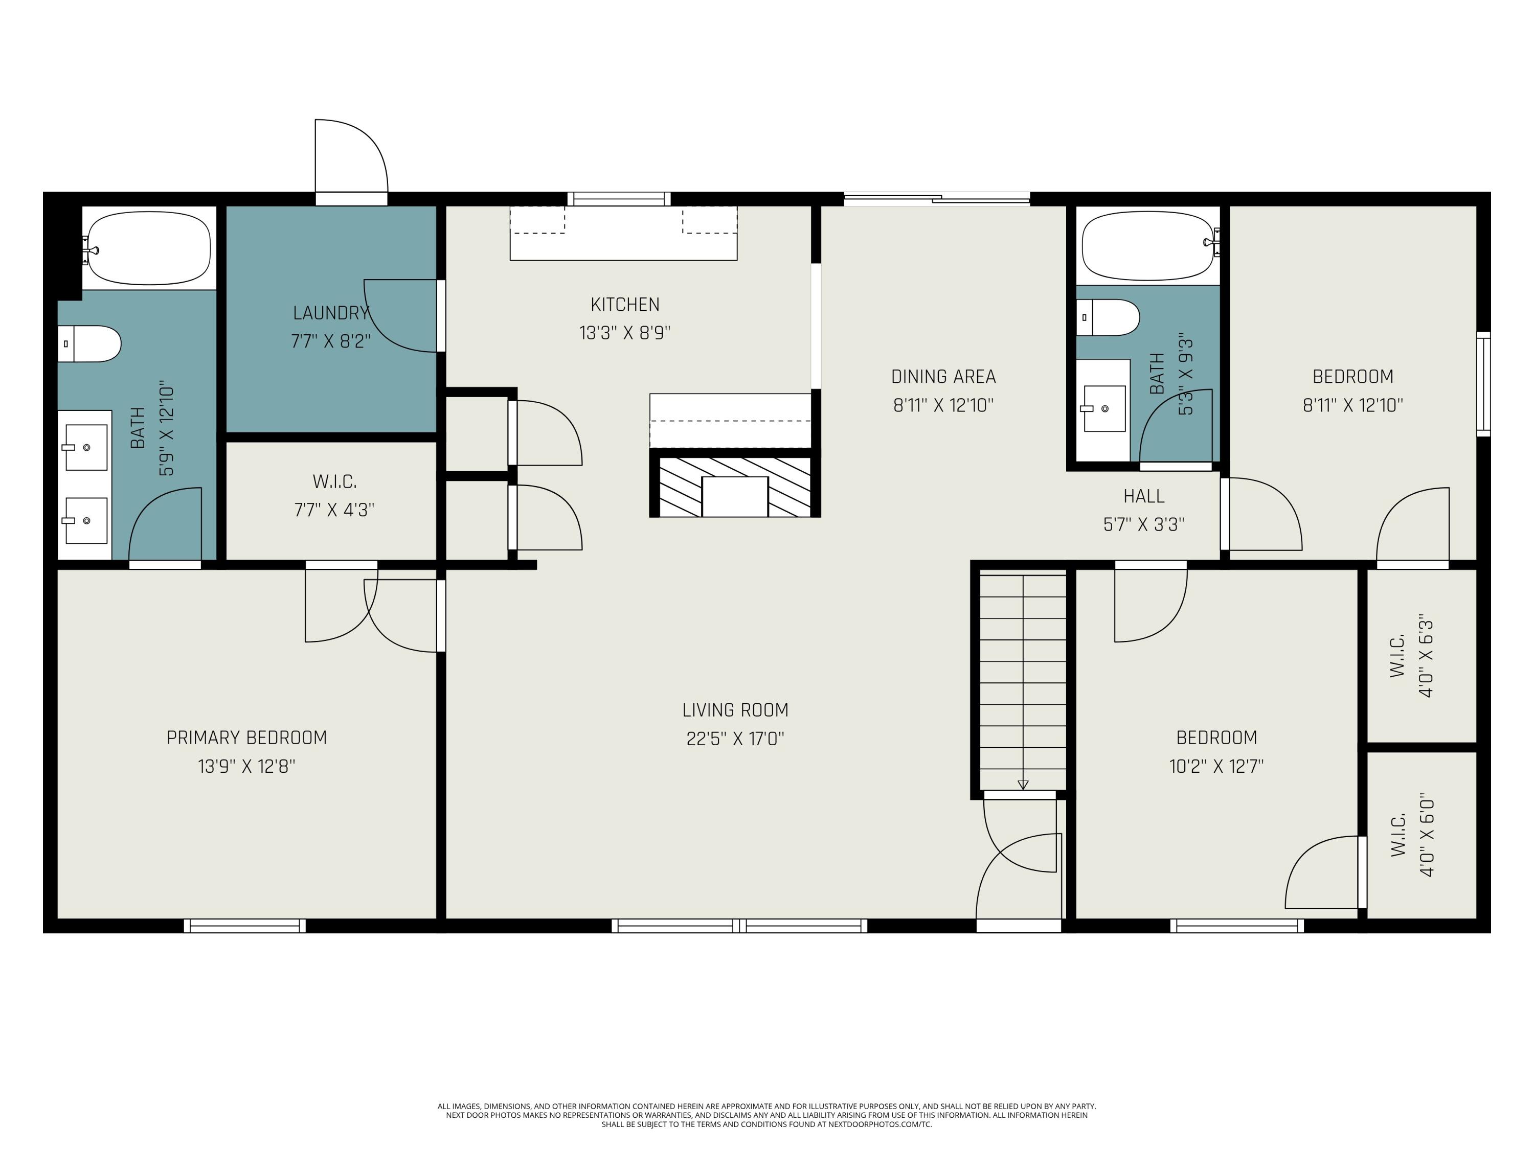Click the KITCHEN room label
tap(625, 304)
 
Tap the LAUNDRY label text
tap(331, 313)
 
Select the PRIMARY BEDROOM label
tap(247, 738)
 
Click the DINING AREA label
tap(943, 376)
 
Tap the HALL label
tap(1143, 496)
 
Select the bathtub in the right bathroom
tap(1148, 245)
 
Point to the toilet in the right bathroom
tap(1108, 317)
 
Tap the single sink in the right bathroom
tap(1103, 408)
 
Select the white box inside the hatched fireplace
tap(735, 496)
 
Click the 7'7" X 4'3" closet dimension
tap(334, 510)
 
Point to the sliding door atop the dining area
tap(937, 199)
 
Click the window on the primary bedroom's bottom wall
tap(245, 926)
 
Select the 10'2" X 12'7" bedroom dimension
tap(1216, 767)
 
